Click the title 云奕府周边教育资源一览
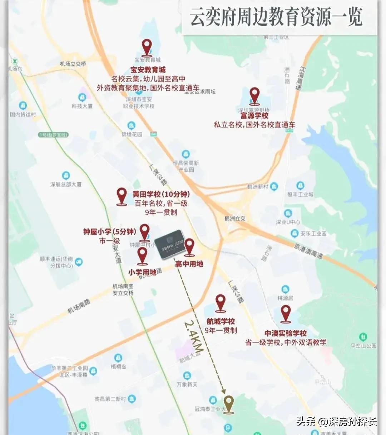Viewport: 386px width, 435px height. pos(276,17)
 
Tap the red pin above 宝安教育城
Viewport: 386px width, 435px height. pos(147,47)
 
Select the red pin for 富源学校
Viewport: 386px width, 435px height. pos(254,95)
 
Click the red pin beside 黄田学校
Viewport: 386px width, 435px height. pos(122,196)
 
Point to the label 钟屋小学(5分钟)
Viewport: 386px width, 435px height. pos(109,232)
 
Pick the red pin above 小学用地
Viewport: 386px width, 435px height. pos(142,255)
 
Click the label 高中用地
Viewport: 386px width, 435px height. pos(189,264)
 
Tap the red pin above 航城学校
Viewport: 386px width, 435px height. pos(220,302)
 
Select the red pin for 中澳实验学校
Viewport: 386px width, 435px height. pos(285,313)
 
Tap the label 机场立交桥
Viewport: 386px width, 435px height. pos(73,64)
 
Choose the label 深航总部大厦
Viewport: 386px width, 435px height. pos(66,184)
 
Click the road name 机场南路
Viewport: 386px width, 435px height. pos(79,306)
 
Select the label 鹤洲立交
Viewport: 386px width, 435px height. pos(235,218)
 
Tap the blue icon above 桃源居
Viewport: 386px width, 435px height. pos(285,289)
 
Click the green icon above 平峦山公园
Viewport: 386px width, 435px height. pos(363,336)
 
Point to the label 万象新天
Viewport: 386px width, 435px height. pos(187,384)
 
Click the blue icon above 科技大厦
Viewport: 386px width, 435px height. pos(82,97)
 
